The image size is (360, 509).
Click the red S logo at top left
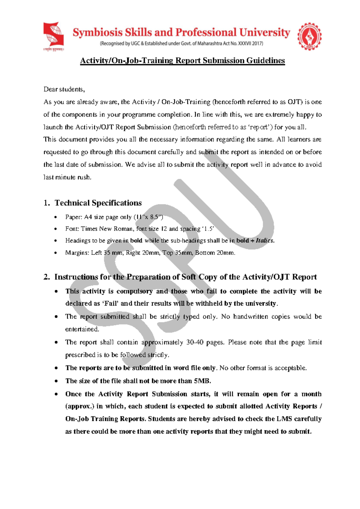coord(54,35)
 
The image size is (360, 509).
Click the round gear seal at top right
coord(309,36)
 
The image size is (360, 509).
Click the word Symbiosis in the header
coord(97,32)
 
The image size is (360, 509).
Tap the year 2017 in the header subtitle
coord(257,44)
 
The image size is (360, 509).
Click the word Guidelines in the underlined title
coord(265,61)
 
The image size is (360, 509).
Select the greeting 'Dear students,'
coord(64,89)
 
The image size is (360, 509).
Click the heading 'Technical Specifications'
coord(98,203)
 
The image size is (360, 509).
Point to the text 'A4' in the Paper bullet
coord(88,217)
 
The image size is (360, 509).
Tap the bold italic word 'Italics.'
coord(265,241)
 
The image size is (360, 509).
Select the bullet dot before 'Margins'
coord(55,253)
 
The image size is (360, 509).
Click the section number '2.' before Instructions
coord(46,277)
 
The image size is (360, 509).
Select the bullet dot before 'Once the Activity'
coord(56,394)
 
